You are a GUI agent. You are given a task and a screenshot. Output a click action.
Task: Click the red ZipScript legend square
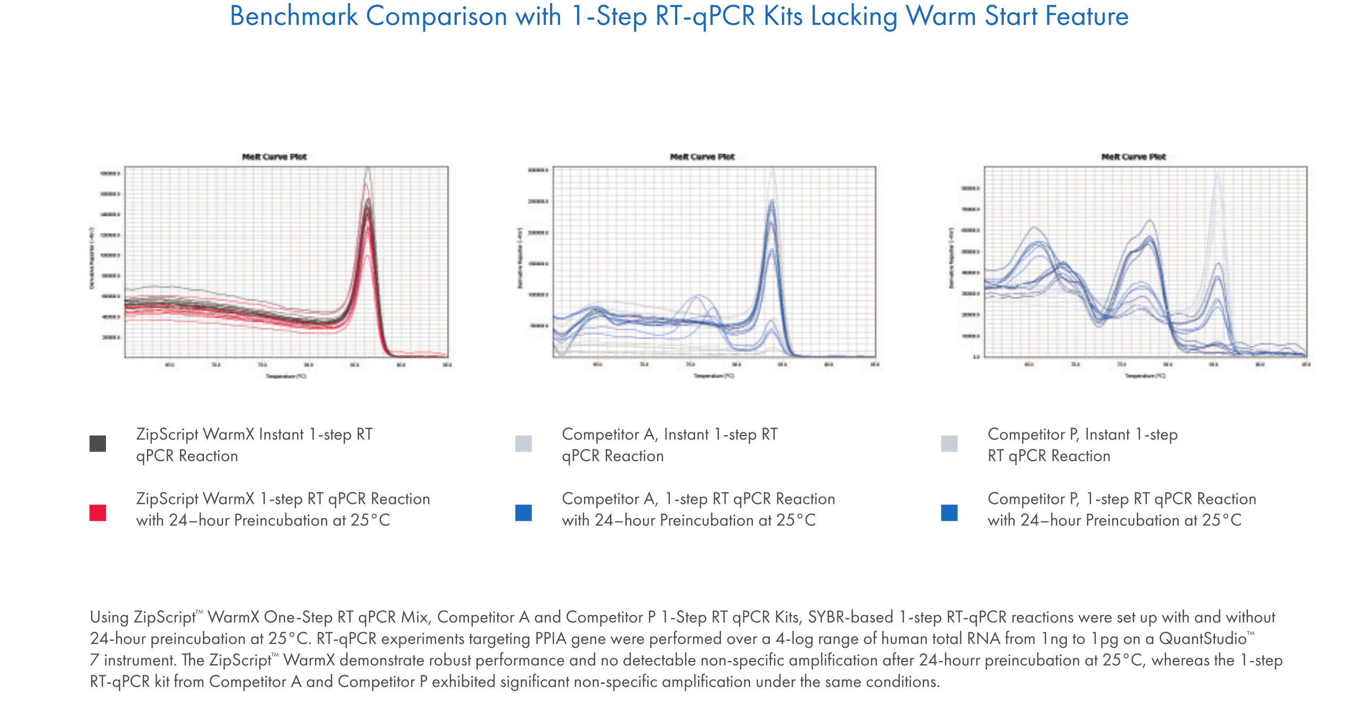97,512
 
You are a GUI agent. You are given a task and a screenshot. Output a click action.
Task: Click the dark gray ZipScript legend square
97,443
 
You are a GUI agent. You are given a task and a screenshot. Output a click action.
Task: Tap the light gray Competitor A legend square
523,443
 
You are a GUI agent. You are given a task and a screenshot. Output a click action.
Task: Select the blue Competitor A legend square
523,512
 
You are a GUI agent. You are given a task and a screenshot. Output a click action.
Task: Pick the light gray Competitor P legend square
949,443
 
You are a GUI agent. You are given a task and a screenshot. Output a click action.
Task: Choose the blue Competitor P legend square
949,512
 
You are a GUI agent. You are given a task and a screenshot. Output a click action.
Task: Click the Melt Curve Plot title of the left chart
274,157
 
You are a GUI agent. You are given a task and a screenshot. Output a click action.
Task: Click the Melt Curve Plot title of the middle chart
702,157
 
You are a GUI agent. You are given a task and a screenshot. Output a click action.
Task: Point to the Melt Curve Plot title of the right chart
1133,157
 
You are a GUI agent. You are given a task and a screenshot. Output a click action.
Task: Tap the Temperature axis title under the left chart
286,376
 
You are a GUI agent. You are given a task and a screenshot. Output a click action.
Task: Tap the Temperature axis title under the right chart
1145,375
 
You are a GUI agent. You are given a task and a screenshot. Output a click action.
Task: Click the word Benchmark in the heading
293,16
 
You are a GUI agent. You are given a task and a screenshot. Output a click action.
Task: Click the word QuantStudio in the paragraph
1202,638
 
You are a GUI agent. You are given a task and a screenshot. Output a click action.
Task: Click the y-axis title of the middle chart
520,258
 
